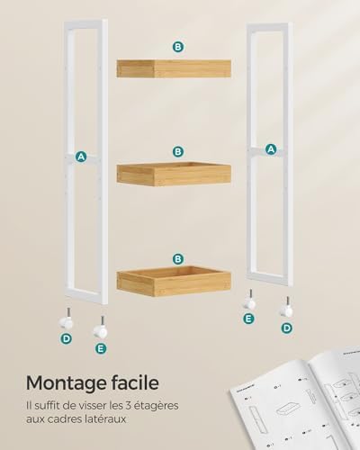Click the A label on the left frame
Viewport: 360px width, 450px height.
[x=81, y=157]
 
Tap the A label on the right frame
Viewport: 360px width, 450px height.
[x=270, y=149]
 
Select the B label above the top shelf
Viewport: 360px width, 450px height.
[x=178, y=46]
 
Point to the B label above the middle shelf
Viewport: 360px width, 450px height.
[x=178, y=152]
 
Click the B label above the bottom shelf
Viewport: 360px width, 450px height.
[x=178, y=258]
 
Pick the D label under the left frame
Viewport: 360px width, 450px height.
[x=66, y=338]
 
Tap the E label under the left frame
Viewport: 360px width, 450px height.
[x=100, y=348]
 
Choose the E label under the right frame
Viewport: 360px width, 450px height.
[x=249, y=318]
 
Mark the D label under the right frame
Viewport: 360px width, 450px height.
[x=287, y=328]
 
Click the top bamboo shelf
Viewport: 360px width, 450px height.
[x=174, y=67]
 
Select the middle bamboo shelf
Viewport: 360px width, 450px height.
[x=174, y=174]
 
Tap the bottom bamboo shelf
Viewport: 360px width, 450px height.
[x=174, y=281]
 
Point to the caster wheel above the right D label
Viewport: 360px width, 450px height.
[x=287, y=310]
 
